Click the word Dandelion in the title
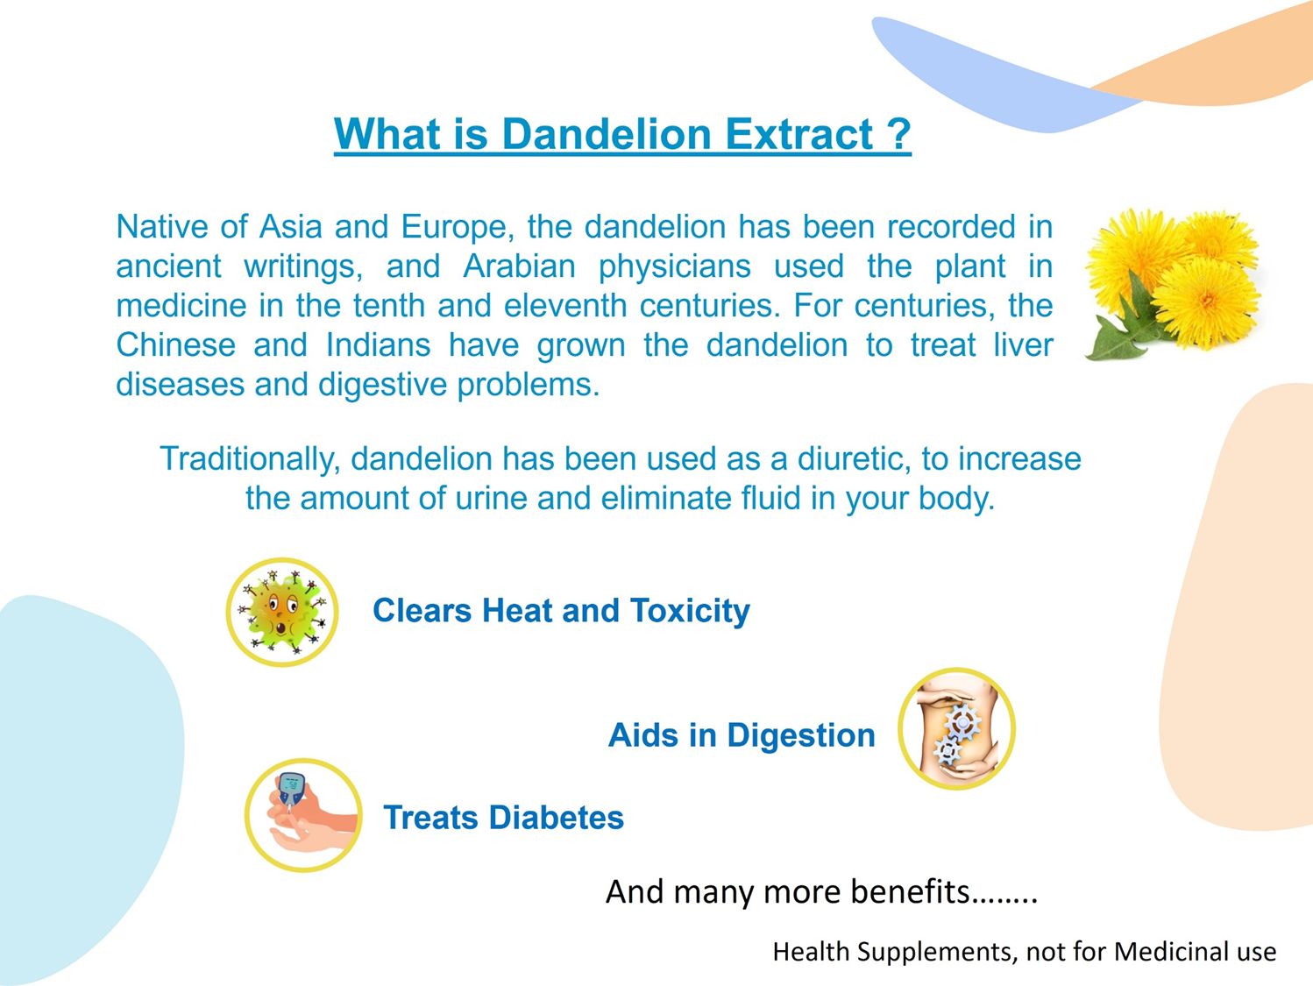click(606, 133)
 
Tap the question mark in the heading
click(898, 133)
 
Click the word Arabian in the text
click(519, 266)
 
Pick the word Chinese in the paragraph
click(176, 345)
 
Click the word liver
click(1024, 345)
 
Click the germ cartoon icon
click(281, 613)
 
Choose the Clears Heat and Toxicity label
click(561, 611)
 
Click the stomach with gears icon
click(956, 729)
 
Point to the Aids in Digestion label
click(742, 736)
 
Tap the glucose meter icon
click(303, 815)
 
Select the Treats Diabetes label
click(504, 818)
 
